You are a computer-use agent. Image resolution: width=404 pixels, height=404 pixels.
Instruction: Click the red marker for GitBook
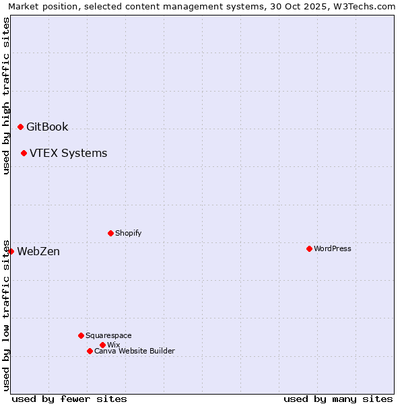(20, 127)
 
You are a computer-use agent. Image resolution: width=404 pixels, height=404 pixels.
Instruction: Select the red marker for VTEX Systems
(24, 153)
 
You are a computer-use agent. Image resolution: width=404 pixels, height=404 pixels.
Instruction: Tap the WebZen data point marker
(11, 251)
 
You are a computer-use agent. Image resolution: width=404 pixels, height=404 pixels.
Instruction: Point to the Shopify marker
(110, 233)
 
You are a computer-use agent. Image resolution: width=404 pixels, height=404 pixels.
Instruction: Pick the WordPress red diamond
(309, 248)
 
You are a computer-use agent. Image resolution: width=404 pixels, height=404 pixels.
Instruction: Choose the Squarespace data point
(81, 335)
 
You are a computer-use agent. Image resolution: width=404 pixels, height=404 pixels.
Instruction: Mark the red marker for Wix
(102, 345)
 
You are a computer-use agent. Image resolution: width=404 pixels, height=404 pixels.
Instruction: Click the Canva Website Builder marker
(90, 351)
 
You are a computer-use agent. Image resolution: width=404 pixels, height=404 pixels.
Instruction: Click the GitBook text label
(47, 127)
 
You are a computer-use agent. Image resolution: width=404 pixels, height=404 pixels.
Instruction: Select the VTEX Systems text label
(68, 153)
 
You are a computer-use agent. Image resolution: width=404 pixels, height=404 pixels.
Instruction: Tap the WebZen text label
(38, 251)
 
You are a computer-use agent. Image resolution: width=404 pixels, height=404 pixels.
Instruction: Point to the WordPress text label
(333, 248)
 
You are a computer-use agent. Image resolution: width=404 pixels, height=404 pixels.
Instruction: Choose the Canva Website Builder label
(135, 351)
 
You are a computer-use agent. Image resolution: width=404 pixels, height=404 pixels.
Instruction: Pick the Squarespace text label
(108, 335)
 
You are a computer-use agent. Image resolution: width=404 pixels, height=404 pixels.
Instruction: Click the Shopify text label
(129, 233)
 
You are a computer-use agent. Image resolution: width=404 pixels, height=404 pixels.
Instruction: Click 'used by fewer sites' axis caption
(69, 399)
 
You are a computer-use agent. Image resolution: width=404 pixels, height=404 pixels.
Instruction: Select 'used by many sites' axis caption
(338, 399)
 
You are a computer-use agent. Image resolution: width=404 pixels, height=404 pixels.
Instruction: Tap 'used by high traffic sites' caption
(6, 96)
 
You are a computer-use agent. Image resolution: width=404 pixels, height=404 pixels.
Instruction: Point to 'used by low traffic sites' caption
(6, 315)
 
